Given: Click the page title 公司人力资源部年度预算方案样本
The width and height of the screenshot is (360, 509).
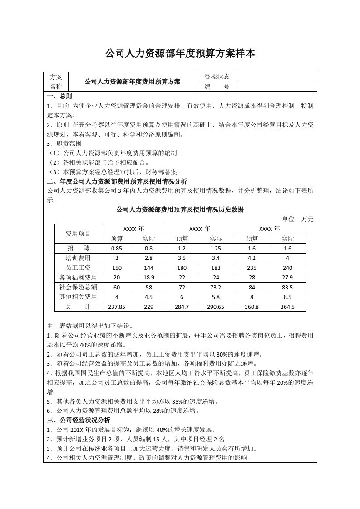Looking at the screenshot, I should (180, 54).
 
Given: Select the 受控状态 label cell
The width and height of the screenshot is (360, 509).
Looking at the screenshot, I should (217, 77).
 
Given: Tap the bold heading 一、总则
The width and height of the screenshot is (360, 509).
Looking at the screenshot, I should (59, 97).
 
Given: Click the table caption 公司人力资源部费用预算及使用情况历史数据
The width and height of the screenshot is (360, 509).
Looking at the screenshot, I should (180, 210).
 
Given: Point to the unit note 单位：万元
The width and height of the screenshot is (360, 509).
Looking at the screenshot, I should (298, 219).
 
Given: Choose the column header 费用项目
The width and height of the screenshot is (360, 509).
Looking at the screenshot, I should (78, 234).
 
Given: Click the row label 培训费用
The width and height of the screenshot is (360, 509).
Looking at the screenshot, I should (78, 258).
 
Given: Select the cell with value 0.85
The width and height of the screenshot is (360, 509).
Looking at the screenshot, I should (117, 249).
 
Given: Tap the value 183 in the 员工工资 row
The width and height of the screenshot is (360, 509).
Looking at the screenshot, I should (216, 268).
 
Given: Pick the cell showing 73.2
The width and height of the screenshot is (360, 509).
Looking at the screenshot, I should (216, 287).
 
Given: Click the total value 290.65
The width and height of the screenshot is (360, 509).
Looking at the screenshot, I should (216, 307).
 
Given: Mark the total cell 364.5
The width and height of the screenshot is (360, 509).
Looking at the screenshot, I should (288, 307).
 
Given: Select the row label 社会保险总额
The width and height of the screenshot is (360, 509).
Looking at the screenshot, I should (78, 287).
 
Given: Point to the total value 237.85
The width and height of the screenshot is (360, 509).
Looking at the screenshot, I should (117, 307).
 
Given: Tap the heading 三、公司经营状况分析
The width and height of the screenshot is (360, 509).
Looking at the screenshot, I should (79, 420).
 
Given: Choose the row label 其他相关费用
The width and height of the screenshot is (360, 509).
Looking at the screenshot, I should (78, 297).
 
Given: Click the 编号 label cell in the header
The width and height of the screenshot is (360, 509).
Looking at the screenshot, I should (217, 87).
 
